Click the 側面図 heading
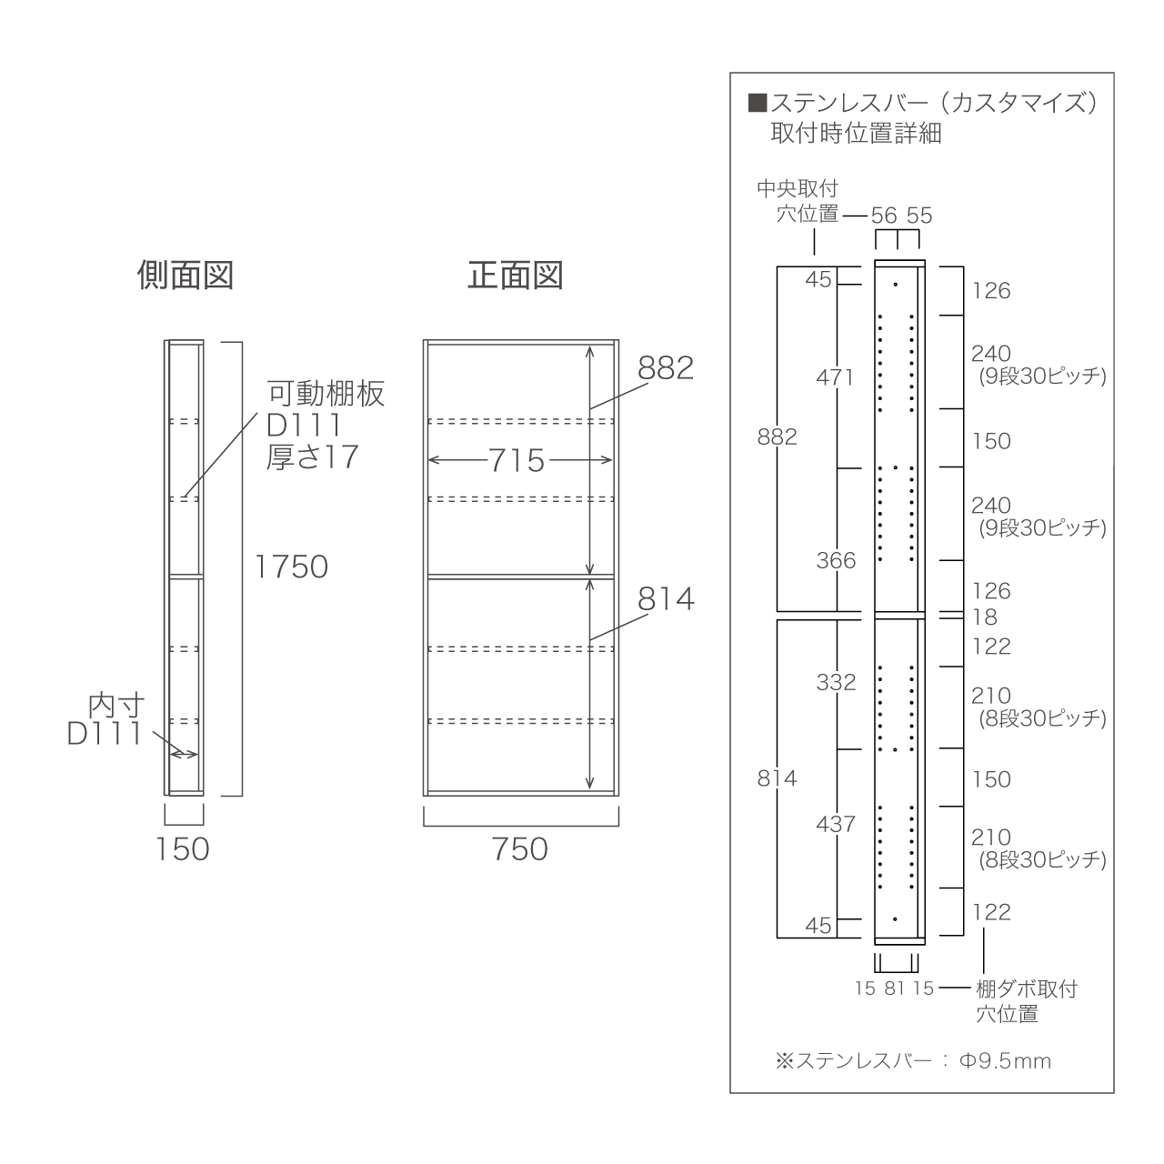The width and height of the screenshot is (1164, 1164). (x=185, y=276)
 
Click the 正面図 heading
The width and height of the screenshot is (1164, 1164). (x=516, y=276)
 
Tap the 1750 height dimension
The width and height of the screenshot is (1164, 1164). (x=291, y=567)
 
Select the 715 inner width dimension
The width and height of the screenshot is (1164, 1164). (x=517, y=460)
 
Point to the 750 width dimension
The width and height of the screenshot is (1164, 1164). (x=520, y=848)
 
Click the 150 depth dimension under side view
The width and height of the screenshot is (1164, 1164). (x=183, y=848)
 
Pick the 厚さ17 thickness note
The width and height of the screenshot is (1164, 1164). (x=312, y=457)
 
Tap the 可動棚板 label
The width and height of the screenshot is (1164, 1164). (x=326, y=394)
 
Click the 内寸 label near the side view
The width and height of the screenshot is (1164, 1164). (x=116, y=705)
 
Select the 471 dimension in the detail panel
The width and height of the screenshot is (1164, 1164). (x=835, y=377)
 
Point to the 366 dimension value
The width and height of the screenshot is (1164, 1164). (x=836, y=560)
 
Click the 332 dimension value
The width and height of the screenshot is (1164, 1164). (x=836, y=683)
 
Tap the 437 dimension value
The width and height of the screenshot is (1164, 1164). (x=836, y=824)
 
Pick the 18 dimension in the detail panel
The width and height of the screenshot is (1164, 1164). (x=984, y=617)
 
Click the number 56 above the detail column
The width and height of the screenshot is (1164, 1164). (x=884, y=216)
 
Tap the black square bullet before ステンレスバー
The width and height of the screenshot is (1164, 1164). (x=758, y=104)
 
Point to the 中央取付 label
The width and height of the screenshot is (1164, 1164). (x=798, y=189)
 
